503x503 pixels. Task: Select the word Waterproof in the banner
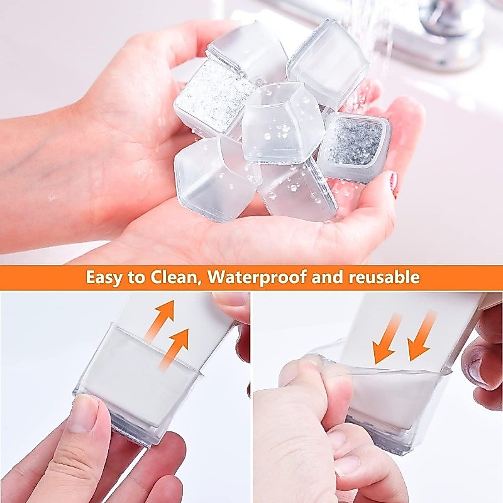point(257,277)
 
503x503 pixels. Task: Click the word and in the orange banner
point(328,277)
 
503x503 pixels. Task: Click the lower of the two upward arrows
point(174,350)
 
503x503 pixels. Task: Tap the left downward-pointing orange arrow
point(386,337)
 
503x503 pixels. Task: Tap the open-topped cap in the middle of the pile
point(282,123)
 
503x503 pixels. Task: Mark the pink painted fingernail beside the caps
point(394,184)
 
